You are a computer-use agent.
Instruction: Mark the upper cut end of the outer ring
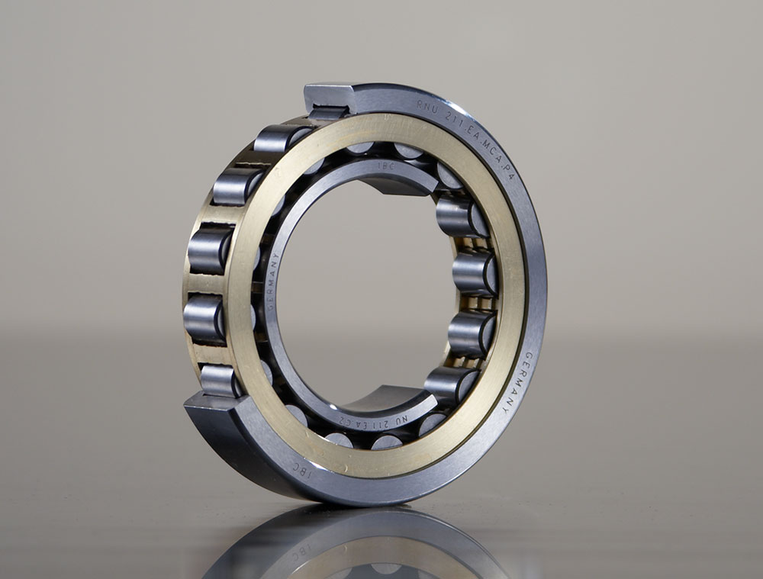[x=328, y=96]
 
